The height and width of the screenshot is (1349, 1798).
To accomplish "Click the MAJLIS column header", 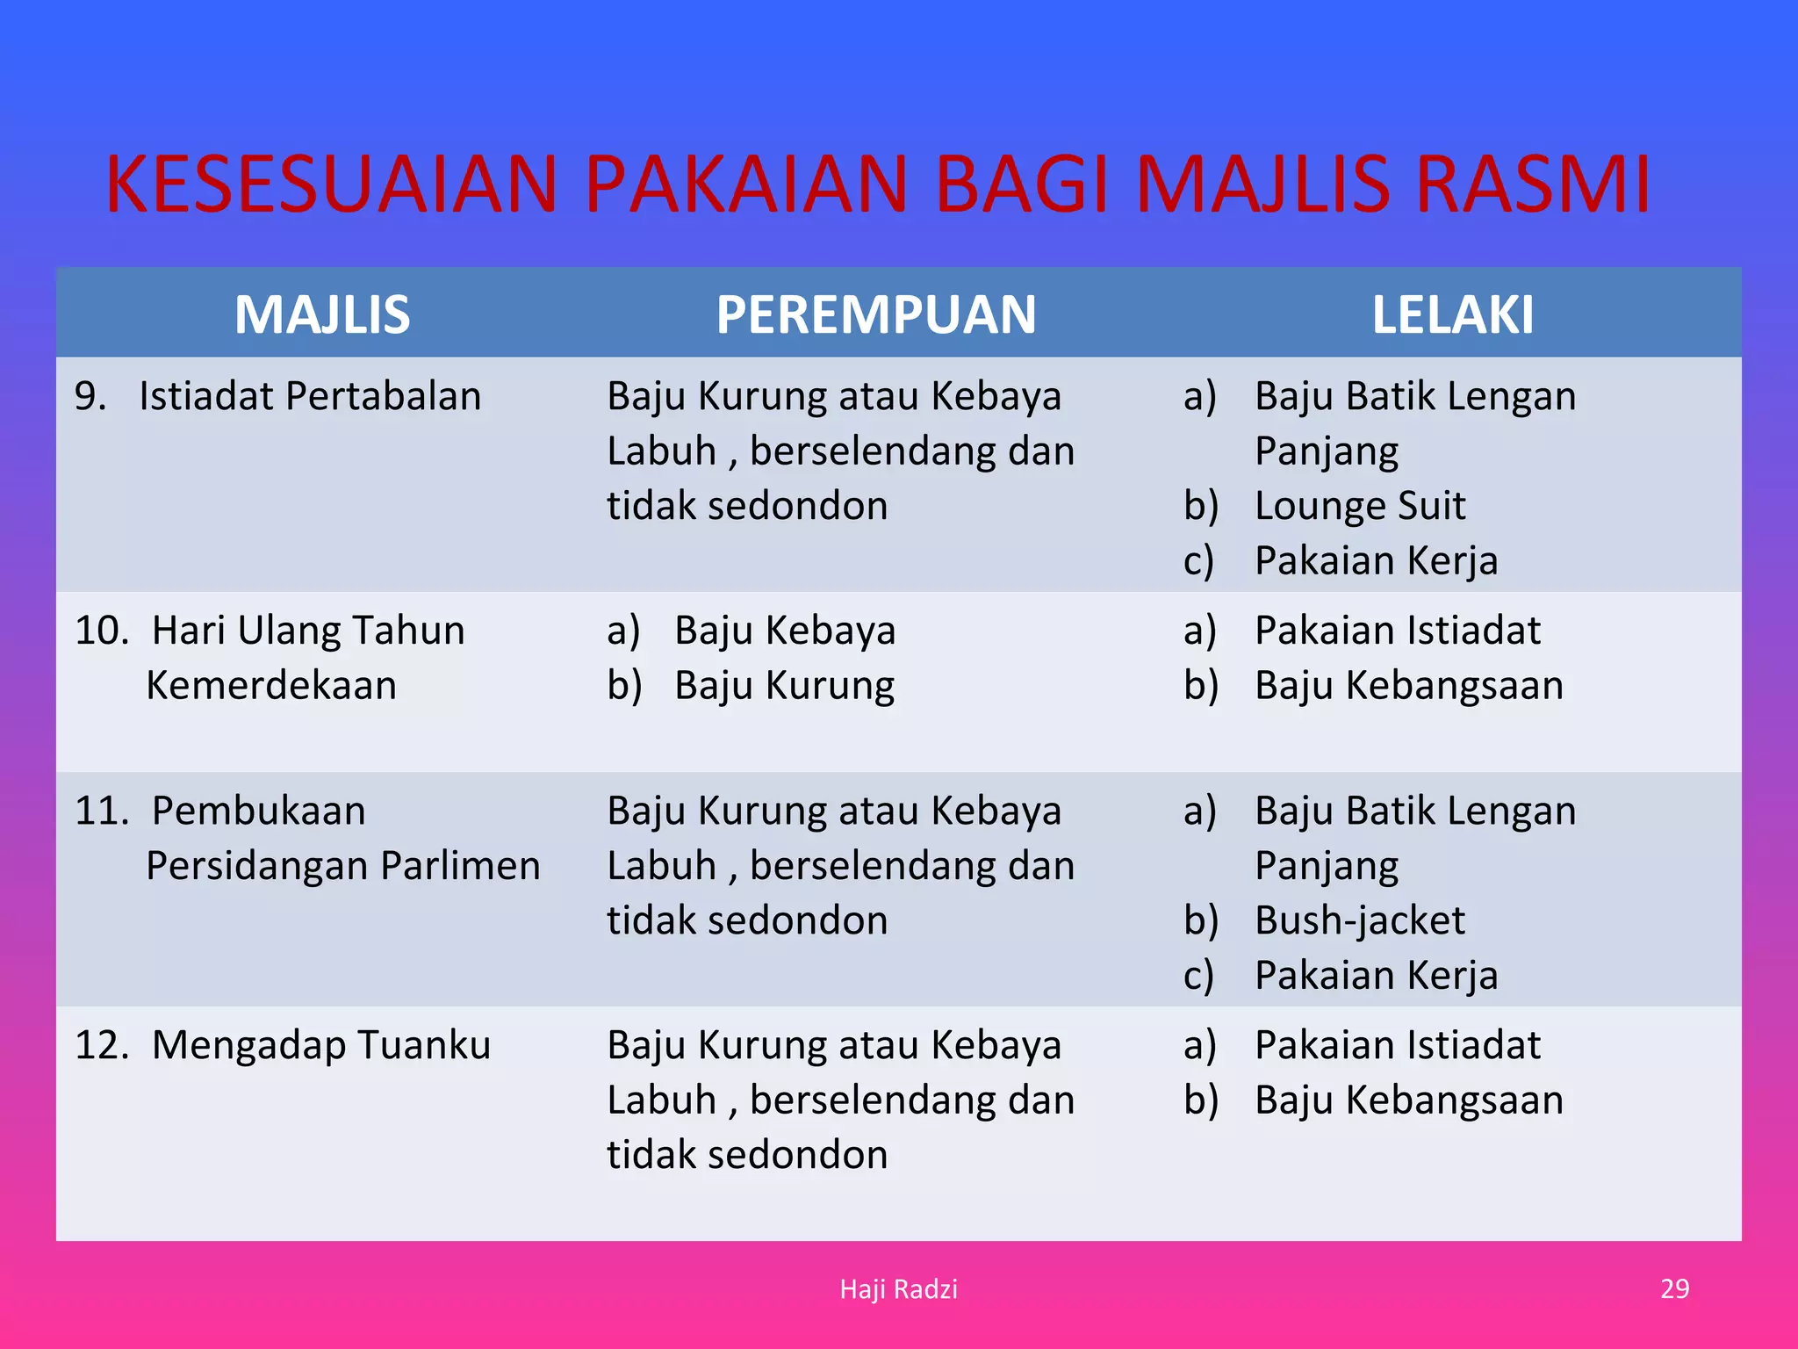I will coord(322,314).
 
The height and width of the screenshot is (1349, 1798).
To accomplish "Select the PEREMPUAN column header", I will coord(875,314).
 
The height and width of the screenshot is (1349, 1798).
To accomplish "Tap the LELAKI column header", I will coord(1452,314).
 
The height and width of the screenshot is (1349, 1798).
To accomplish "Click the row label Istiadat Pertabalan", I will coord(310,396).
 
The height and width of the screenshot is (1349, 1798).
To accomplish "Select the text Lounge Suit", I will coord(1360,506).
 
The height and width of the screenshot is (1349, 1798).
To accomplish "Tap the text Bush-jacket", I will coord(1360,920).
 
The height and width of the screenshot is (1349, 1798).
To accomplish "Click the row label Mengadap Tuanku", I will coord(320,1045).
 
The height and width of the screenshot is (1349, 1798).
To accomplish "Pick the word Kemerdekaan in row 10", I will coord(271,685).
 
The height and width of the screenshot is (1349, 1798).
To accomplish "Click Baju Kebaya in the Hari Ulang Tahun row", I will coord(785,631).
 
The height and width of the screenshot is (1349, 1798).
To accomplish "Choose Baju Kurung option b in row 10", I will coord(785,685).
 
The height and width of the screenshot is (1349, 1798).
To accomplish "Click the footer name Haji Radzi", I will coord(898,1288).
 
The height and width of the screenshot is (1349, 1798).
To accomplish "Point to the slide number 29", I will coord(1674,1288).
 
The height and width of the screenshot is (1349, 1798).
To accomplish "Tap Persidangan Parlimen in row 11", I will coord(342,866).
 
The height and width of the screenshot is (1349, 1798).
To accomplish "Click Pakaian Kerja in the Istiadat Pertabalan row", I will coord(1376,560).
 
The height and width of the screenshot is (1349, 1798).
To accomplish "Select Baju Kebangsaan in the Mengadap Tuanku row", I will coord(1409,1100).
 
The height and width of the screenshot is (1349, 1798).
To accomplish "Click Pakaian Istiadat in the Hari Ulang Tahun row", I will coord(1398,631).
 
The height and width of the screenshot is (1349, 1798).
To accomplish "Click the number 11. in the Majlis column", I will coord(102,811).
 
